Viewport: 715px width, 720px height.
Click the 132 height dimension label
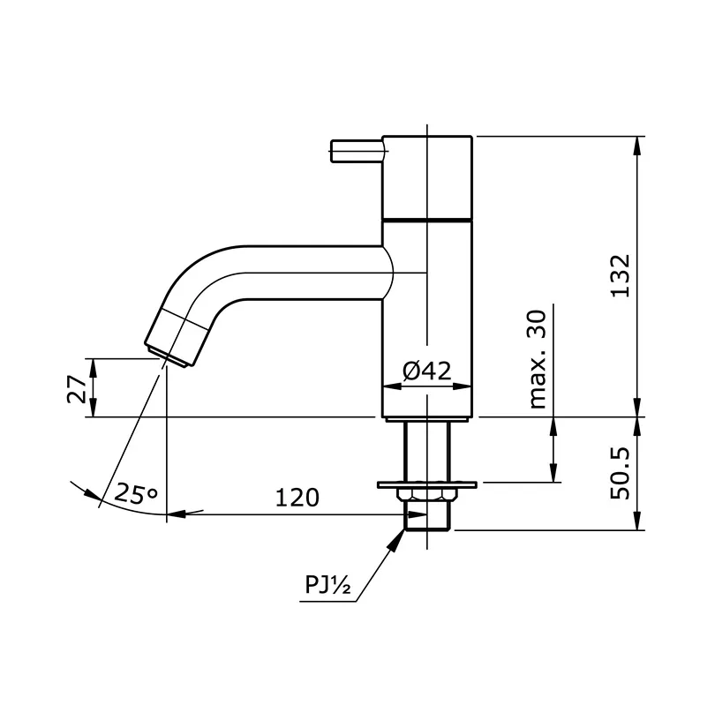click(621, 275)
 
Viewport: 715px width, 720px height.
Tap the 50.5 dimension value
click(621, 473)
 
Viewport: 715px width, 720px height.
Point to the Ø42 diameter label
click(428, 371)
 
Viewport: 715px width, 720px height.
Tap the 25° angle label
click(135, 495)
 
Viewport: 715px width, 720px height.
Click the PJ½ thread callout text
click(328, 585)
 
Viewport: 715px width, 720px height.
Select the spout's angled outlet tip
click(177, 340)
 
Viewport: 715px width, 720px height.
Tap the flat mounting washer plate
click(427, 484)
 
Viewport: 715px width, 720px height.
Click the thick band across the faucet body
click(427, 218)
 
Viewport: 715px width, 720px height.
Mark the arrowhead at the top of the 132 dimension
click(637, 144)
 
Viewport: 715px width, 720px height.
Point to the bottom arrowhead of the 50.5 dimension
click(637, 524)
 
